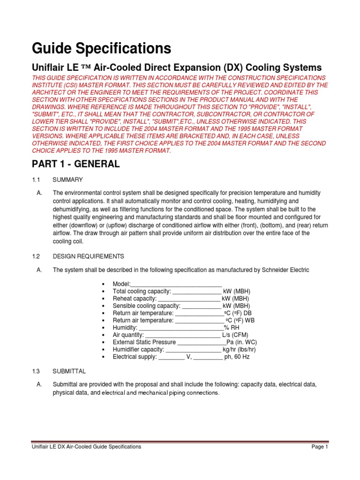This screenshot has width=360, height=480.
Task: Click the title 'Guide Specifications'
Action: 101,48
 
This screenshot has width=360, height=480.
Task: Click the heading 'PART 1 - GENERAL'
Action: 75,164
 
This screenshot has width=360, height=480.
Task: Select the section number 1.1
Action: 37,180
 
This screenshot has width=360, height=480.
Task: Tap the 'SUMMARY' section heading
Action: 67,180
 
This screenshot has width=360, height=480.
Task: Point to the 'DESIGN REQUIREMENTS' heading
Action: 88,256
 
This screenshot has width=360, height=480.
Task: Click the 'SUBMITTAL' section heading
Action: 69,371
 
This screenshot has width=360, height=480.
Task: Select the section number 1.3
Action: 37,371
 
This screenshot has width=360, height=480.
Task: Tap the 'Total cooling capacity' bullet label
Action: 139,292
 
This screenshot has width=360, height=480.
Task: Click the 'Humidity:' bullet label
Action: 125,328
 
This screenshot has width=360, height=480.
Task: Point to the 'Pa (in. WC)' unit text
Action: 242,342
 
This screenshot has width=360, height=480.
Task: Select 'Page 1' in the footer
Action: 320,447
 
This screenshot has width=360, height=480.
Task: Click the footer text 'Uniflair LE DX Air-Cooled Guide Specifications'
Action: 86,447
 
